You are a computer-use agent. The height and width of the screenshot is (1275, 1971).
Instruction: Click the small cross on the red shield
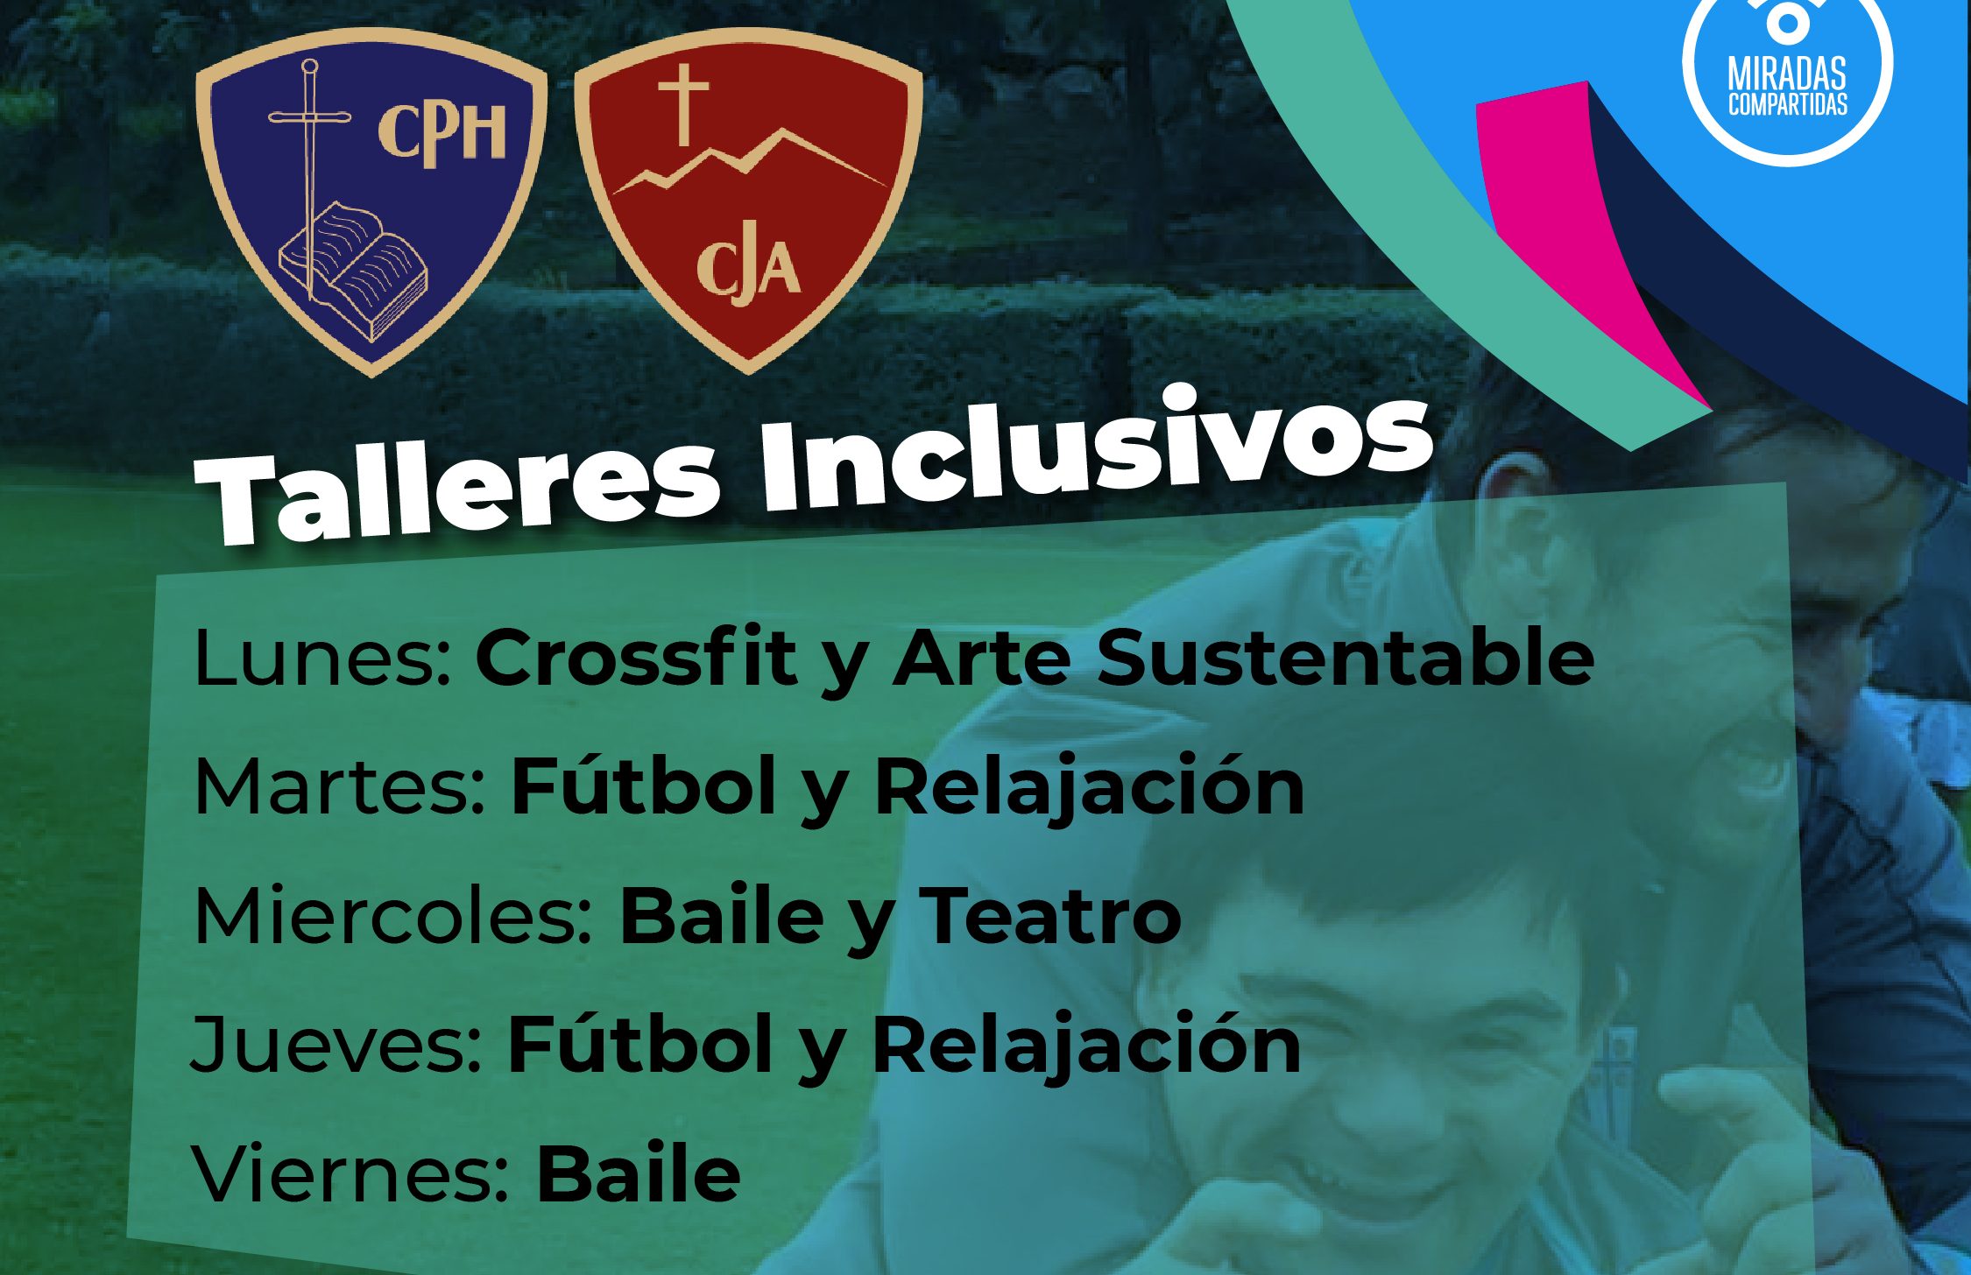click(684, 104)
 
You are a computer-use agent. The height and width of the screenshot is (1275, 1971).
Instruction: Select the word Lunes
click(322, 658)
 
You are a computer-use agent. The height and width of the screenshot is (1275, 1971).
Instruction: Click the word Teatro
click(1049, 916)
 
